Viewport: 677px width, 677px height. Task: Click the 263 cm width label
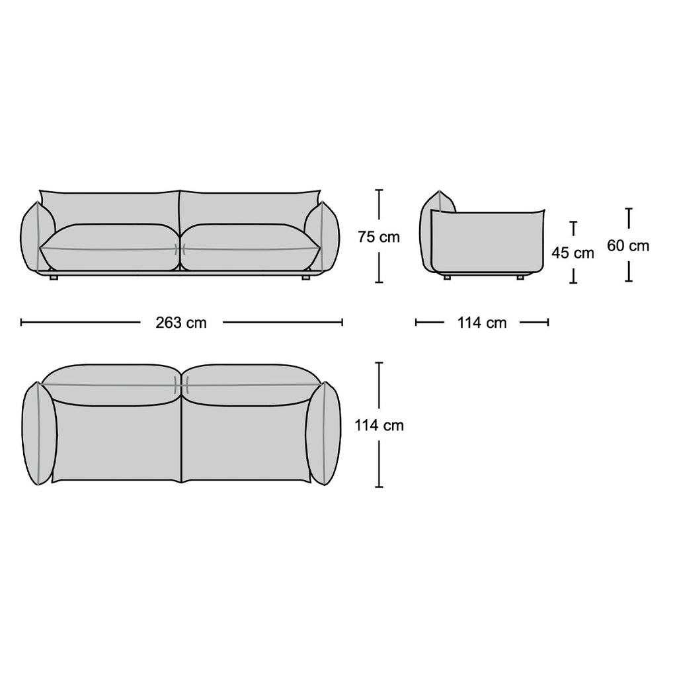[181, 323]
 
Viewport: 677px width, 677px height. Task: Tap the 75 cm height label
[379, 237]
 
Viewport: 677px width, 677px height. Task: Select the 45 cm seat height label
[573, 253]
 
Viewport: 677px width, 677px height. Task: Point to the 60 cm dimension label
[628, 246]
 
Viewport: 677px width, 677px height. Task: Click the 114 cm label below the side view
[482, 323]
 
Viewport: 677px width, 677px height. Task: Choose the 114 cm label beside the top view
[379, 426]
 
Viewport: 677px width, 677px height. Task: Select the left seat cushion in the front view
[109, 247]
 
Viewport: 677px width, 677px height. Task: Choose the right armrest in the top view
[324, 434]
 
